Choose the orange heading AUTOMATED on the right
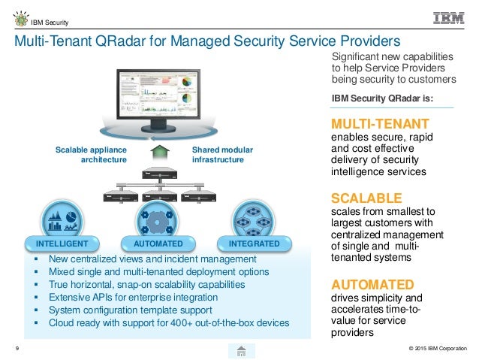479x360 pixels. tap(372, 284)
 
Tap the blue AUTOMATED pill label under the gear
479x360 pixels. tap(158, 244)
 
